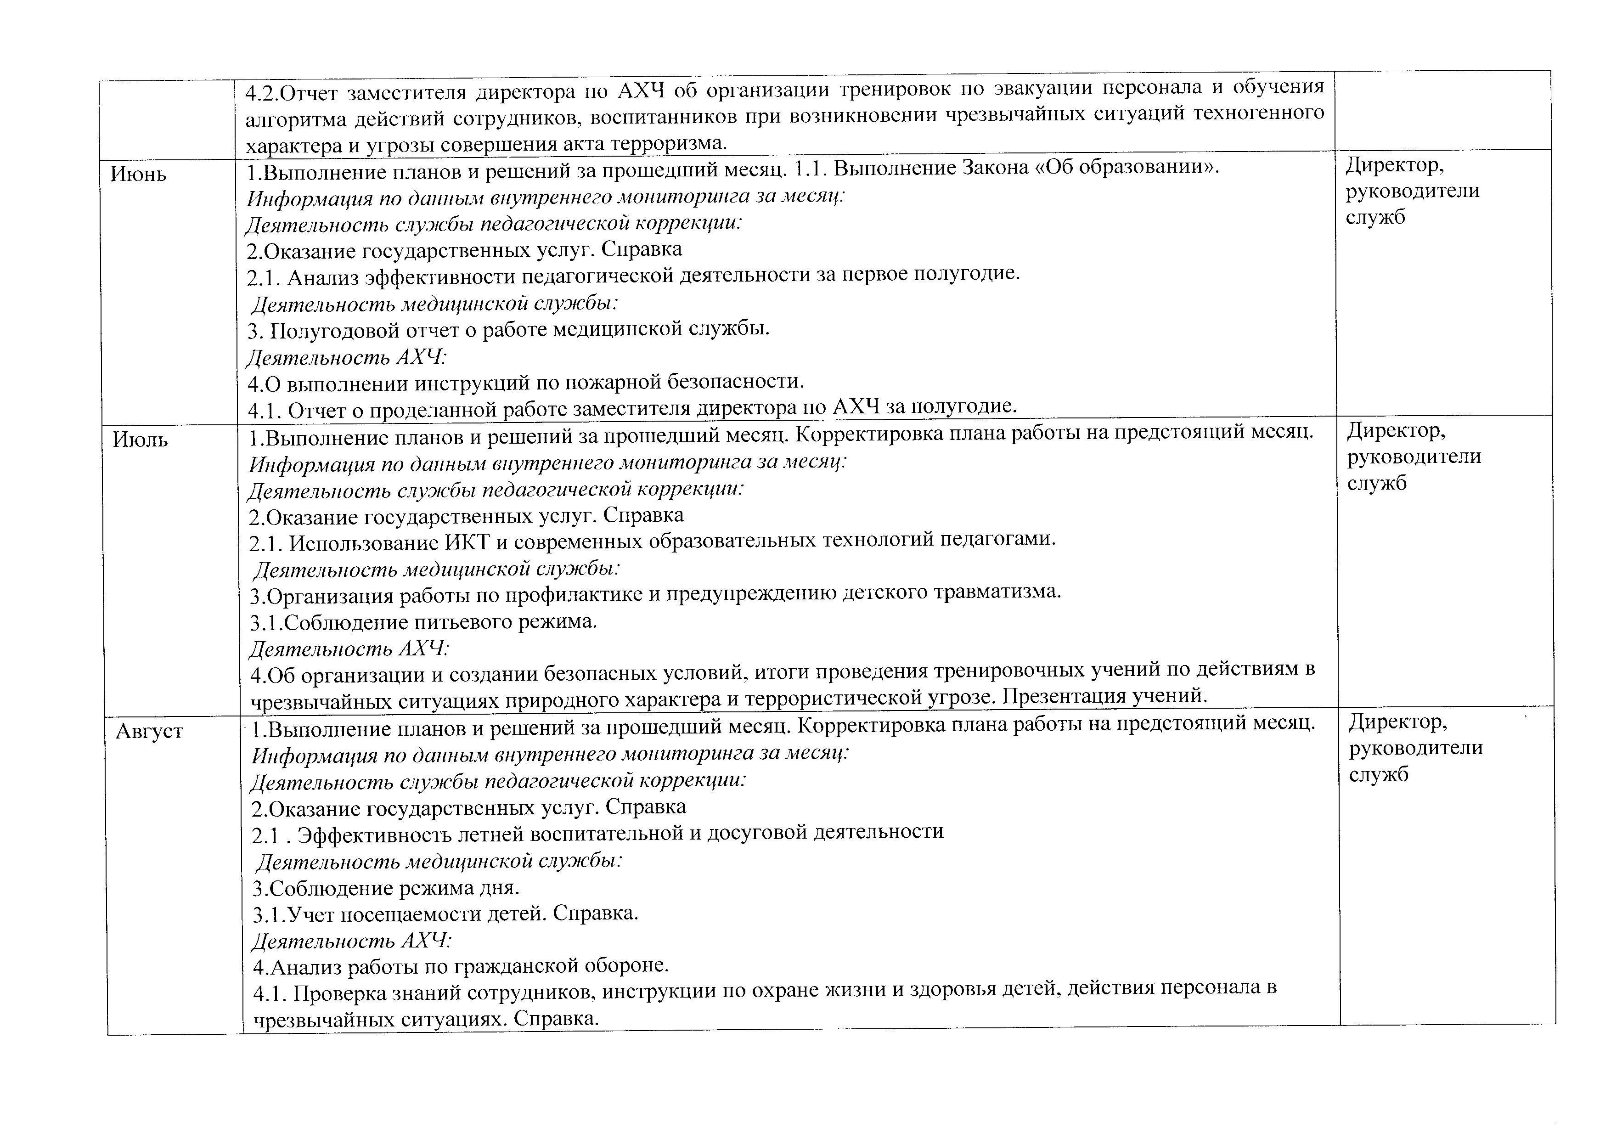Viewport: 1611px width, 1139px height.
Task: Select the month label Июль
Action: (141, 440)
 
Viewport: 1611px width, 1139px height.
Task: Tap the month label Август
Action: (149, 731)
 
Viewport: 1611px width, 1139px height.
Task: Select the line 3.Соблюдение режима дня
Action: (386, 888)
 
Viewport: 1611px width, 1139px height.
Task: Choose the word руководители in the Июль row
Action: (1414, 457)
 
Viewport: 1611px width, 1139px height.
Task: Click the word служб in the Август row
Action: (1378, 775)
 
